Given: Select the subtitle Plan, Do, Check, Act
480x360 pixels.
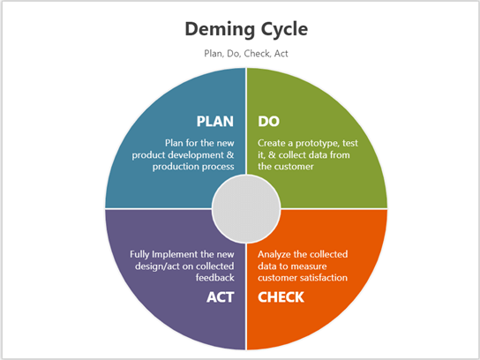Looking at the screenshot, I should coord(240,53).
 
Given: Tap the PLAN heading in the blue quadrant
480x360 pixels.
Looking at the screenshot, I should coord(214,121).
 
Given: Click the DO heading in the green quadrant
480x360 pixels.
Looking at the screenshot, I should coord(269,121).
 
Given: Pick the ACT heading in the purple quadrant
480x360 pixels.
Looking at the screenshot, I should coord(220,296).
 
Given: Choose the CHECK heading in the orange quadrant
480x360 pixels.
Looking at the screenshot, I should coord(281,296).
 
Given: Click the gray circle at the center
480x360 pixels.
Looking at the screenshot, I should coord(246,209).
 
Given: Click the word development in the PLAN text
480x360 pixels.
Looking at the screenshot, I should coord(188,154).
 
